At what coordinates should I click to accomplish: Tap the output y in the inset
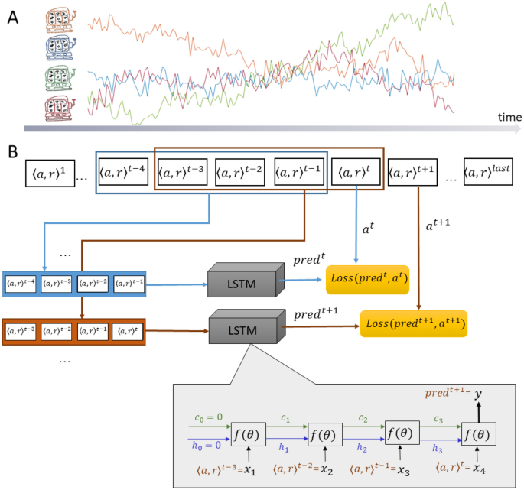478,395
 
